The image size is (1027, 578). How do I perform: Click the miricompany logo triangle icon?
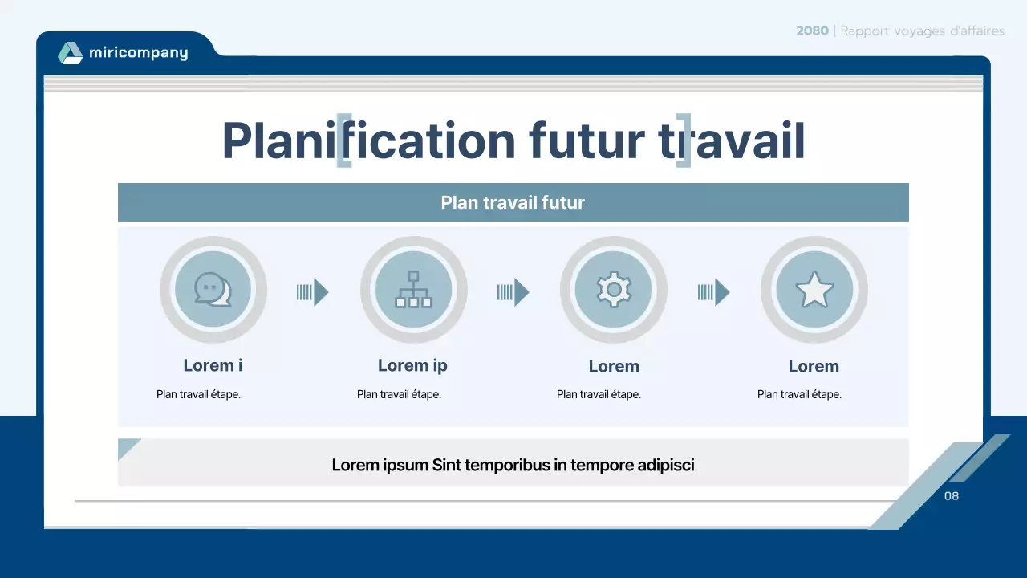click(x=70, y=53)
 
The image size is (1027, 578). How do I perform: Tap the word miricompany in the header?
click(x=138, y=53)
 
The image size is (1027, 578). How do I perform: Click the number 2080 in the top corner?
click(x=813, y=31)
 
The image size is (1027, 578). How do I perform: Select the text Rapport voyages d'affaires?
click(x=922, y=31)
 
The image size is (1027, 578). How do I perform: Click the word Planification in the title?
click(x=367, y=140)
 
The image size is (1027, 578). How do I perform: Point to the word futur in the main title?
click(x=586, y=140)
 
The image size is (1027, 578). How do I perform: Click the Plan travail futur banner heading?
click(x=513, y=202)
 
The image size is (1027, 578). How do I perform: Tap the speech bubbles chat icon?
click(x=213, y=290)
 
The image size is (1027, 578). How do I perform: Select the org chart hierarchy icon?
click(x=413, y=290)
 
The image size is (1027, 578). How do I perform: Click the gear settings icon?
click(x=614, y=290)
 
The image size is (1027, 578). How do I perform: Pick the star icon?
click(x=814, y=290)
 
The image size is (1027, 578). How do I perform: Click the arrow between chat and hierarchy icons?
click(x=313, y=292)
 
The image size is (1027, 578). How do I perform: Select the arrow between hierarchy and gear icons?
click(x=513, y=292)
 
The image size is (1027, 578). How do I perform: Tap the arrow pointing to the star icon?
click(x=714, y=292)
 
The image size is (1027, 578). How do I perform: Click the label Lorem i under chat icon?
click(x=213, y=365)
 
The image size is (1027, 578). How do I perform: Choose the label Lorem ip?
click(x=412, y=365)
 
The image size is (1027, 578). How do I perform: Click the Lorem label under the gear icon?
click(x=614, y=366)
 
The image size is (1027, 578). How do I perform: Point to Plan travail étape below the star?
click(x=799, y=394)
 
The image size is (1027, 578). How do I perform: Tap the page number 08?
click(x=952, y=496)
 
